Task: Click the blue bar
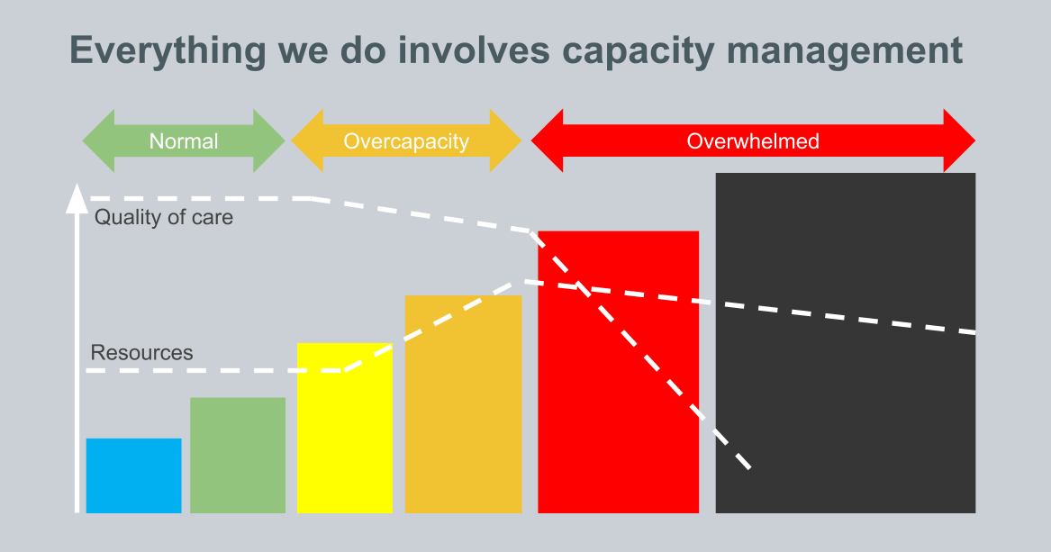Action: [133, 475]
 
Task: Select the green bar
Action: [238, 455]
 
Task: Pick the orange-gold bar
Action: [463, 403]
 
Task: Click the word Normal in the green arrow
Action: [184, 141]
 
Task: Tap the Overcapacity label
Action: [406, 141]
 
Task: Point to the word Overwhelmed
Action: [753, 141]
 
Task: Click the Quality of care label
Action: [163, 217]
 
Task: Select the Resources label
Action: [141, 353]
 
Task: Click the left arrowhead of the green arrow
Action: [97, 141]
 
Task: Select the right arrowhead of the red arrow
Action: [960, 141]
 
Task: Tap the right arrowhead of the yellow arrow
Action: [506, 141]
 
